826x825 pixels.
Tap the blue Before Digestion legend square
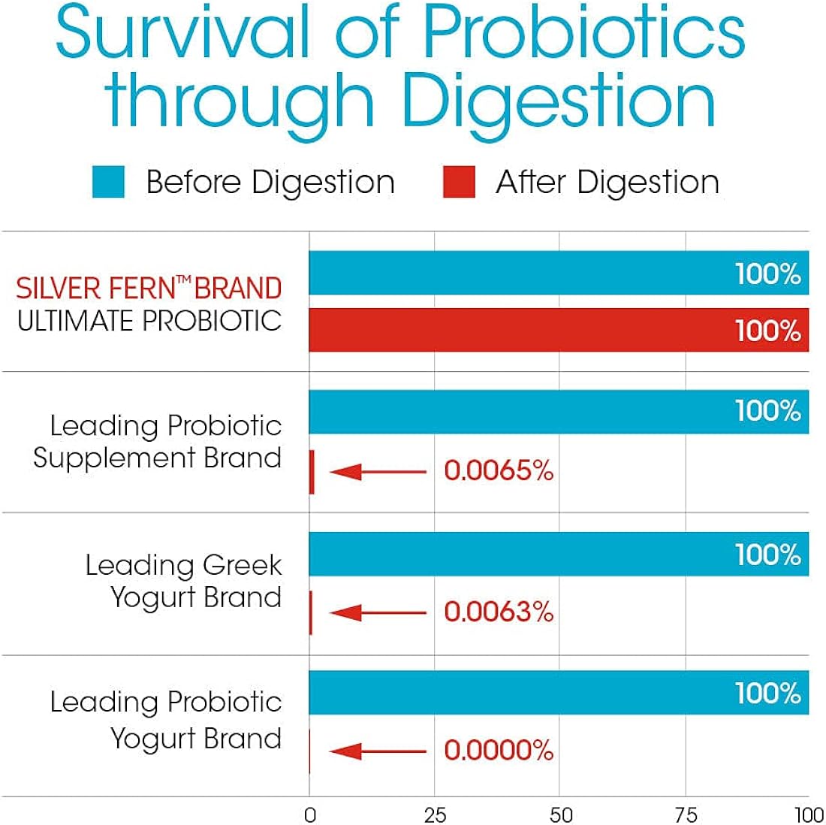click(108, 183)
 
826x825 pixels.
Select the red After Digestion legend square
click(459, 183)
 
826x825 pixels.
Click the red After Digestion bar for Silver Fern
click(559, 330)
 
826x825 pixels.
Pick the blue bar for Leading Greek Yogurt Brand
click(559, 555)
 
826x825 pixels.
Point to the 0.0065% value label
click(499, 471)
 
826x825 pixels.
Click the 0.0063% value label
click(499, 612)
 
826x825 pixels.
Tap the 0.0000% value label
click(499, 750)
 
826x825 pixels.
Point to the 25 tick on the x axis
click(435, 815)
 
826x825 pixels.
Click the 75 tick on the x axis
click(686, 815)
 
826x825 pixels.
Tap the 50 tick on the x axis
click(560, 815)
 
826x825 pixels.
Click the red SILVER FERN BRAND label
click(149, 289)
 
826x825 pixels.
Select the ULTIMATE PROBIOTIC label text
click(149, 321)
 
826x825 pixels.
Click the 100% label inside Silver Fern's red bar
click(767, 331)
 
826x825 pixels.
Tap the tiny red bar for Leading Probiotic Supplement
click(312, 472)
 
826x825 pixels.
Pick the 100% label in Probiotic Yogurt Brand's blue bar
click(767, 693)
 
